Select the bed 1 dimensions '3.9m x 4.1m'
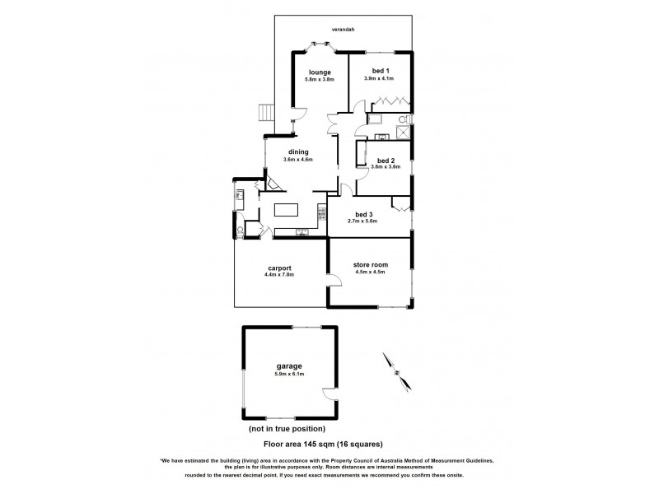pyautogui.click(x=379, y=79)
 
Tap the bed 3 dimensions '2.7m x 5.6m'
pyautogui.click(x=365, y=221)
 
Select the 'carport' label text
pyautogui.click(x=280, y=267)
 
